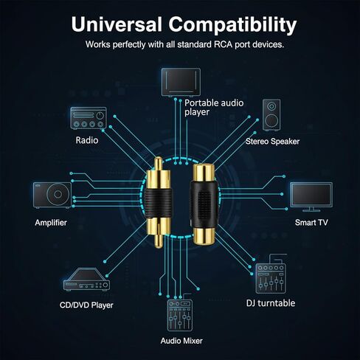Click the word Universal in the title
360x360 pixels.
pyautogui.click(x=117, y=24)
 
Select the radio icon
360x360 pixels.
pyautogui.click(x=89, y=118)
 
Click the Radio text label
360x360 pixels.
pyautogui.click(x=87, y=140)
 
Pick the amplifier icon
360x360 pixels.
pyautogui.click(x=52, y=195)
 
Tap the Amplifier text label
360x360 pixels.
pyautogui.click(x=51, y=223)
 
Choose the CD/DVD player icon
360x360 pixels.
pyautogui.click(x=86, y=280)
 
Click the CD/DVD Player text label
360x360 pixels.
pyautogui.click(x=86, y=305)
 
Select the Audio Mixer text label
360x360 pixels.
pyautogui.click(x=181, y=341)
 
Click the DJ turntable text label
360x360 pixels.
pyautogui.click(x=271, y=303)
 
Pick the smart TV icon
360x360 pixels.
pyautogui.click(x=311, y=197)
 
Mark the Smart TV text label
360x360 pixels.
pyautogui.click(x=311, y=223)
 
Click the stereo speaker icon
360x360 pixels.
pyautogui.click(x=271, y=115)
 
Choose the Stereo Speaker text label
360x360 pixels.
pyautogui.click(x=272, y=142)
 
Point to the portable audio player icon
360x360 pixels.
pyautogui.click(x=181, y=82)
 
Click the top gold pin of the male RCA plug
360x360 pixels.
pyautogui.click(x=159, y=163)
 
